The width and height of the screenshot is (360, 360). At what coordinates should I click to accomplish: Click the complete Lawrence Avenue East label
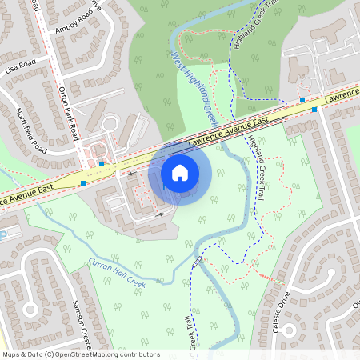tap(228, 132)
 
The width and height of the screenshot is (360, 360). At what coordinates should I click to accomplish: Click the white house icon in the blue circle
tap(180, 173)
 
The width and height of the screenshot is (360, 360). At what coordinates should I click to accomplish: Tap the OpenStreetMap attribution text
tap(81, 354)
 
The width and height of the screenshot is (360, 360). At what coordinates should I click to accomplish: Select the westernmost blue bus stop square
tap(83, 183)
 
